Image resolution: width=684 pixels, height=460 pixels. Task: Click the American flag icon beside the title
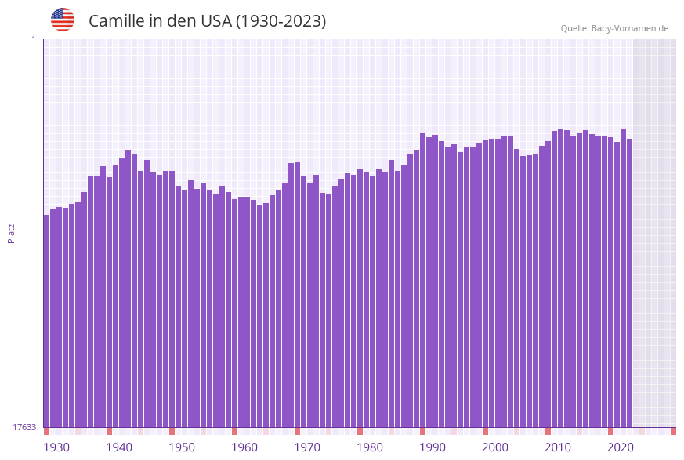(63, 20)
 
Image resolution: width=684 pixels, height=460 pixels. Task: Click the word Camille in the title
(116, 21)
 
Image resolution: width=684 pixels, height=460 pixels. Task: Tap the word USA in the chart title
(215, 21)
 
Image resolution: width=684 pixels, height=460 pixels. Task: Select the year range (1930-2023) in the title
(280, 21)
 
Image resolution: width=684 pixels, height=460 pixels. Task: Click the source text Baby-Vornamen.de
(629, 28)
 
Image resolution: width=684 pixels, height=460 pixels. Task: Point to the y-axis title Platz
(12, 233)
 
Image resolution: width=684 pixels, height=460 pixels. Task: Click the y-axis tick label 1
(33, 39)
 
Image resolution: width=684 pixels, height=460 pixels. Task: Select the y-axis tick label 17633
(24, 427)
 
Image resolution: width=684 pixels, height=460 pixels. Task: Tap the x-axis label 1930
(56, 447)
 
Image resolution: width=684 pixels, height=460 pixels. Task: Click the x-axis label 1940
(119, 447)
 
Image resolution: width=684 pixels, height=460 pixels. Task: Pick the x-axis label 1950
(182, 447)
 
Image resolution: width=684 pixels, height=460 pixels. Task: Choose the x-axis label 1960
(244, 447)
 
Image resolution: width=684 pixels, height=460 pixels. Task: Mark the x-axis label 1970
(307, 447)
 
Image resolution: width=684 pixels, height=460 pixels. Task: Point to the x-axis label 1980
(370, 447)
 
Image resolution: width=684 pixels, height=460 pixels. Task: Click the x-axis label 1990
(432, 447)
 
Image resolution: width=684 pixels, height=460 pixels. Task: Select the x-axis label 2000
(495, 447)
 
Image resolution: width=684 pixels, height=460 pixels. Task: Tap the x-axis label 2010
(558, 447)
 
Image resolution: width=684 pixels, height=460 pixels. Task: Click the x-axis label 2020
(621, 447)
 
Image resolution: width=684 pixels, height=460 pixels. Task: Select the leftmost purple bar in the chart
(46, 321)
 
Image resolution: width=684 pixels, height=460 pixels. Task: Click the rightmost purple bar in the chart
(629, 282)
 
